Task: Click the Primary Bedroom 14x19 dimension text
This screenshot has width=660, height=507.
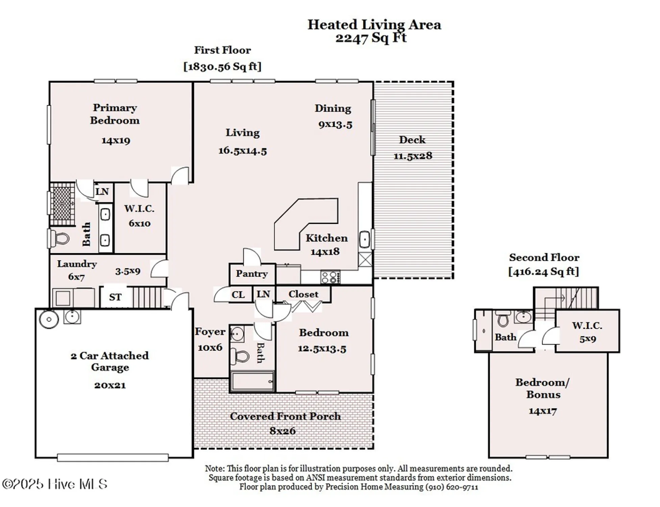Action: click(x=116, y=141)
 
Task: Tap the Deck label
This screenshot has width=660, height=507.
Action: click(x=412, y=140)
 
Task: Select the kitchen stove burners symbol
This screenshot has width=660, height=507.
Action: click(x=330, y=277)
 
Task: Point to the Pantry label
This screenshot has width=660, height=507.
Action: click(x=252, y=274)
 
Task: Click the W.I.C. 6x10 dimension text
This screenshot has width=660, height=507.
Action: click(x=139, y=223)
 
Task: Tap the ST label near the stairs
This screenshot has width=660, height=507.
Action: click(x=115, y=297)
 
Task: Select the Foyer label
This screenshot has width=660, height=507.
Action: click(x=210, y=332)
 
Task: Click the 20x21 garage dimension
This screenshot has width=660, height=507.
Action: click(x=110, y=385)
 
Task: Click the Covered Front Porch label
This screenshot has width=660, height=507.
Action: click(x=285, y=416)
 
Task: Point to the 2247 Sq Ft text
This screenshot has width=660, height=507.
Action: click(x=371, y=38)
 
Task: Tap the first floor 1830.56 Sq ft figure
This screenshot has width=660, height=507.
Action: click(x=222, y=67)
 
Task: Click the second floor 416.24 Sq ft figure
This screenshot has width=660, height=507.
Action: click(x=543, y=271)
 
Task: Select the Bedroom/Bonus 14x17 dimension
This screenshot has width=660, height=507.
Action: click(x=542, y=411)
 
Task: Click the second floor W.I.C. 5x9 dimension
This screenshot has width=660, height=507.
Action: click(x=587, y=339)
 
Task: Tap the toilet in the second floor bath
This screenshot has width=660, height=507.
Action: click(x=503, y=319)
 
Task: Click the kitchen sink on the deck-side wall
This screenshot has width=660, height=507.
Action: click(x=364, y=240)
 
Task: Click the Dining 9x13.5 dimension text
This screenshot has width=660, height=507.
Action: click(x=335, y=124)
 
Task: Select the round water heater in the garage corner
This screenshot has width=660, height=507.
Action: click(x=49, y=319)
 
